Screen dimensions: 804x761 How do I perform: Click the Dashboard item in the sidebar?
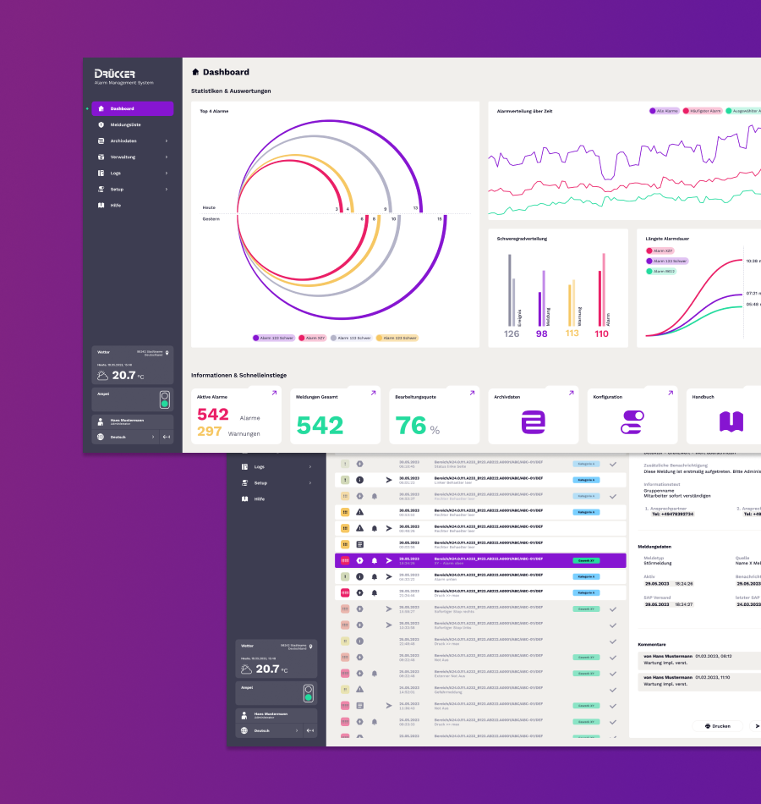point(122,108)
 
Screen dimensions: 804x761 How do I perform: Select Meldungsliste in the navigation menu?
point(125,124)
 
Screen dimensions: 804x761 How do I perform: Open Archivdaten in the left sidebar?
point(123,140)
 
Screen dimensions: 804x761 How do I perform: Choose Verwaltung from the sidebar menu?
point(123,157)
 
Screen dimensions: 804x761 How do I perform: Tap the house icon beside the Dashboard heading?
point(196,73)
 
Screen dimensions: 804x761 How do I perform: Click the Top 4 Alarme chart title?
point(214,111)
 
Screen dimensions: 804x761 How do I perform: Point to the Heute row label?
point(209,207)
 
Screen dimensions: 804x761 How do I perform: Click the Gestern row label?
point(211,219)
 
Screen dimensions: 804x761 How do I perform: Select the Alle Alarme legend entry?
point(664,111)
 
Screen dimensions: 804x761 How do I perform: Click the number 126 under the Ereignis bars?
point(512,333)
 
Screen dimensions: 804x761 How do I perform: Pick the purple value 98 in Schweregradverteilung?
point(542,333)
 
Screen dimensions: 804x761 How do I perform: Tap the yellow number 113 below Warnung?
point(572,333)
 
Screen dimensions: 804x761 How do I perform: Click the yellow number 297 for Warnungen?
point(210,432)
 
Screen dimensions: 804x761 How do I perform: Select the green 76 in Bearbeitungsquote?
point(411,425)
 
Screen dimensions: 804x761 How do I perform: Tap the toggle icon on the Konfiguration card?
point(632,421)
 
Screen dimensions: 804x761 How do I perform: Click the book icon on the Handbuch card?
point(731,421)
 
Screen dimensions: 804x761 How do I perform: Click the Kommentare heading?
point(652,644)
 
